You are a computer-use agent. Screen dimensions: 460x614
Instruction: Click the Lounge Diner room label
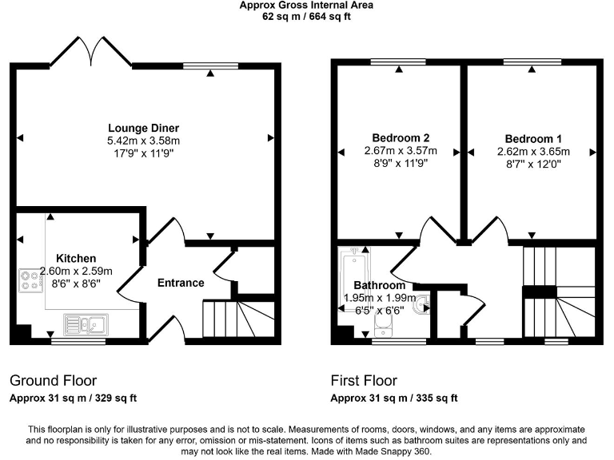pos(144,128)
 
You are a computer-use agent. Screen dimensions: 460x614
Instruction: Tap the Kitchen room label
pos(77,259)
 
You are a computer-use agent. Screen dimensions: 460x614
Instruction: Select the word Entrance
pos(180,283)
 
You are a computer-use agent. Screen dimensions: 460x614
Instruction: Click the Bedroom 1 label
pos(532,137)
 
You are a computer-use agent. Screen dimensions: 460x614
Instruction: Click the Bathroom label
pos(379,286)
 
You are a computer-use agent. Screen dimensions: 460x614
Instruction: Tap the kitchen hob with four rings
pos(31,280)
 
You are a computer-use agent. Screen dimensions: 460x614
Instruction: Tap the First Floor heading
pos(364,381)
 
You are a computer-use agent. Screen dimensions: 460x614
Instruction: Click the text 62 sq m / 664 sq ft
pos(306,15)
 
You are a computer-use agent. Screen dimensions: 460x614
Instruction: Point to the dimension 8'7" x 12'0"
pos(532,164)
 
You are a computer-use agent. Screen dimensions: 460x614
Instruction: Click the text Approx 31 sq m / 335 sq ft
pos(394,398)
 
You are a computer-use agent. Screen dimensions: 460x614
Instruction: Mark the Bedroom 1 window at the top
pos(532,61)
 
